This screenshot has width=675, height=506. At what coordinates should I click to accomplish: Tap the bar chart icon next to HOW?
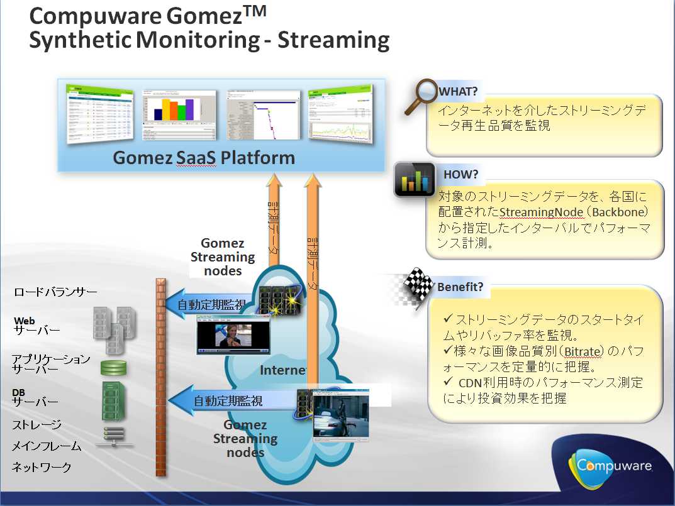pyautogui.click(x=415, y=180)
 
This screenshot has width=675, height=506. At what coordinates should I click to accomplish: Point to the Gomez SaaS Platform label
pyautogui.click(x=204, y=157)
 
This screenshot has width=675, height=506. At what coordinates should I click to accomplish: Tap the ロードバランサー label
pyautogui.click(x=55, y=292)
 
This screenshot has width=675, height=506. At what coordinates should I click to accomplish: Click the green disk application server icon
pyautogui.click(x=114, y=368)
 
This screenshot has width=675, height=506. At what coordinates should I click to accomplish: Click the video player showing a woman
pyautogui.click(x=233, y=334)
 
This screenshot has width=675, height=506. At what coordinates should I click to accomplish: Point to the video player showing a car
pyautogui.click(x=340, y=415)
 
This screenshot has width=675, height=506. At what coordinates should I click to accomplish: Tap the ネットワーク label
pyautogui.click(x=42, y=467)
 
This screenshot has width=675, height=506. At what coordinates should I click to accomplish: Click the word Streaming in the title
pyautogui.click(x=333, y=40)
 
